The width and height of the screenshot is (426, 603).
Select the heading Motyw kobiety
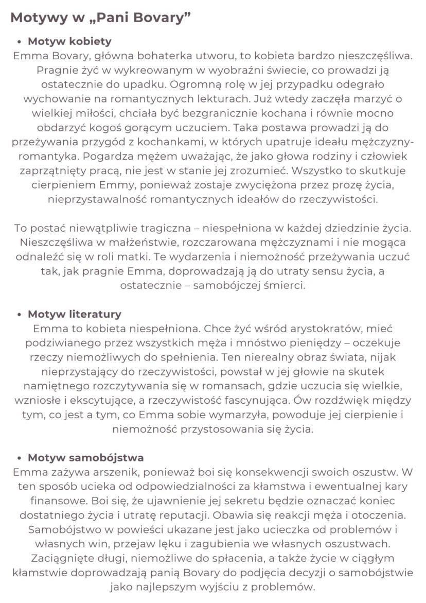69,41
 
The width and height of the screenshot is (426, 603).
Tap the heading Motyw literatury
75,314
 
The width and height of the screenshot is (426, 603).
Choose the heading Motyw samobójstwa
85,457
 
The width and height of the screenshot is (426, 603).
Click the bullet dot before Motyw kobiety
19,42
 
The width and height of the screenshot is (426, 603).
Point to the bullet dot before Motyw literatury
19,314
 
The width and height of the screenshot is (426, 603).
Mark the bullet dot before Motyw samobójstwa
19,458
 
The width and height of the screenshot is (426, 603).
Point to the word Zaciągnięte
60,558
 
